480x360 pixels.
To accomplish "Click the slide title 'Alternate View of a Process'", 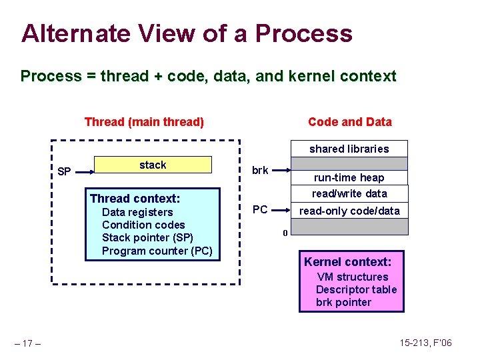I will [187, 33].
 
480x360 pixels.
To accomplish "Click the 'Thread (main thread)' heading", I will [144, 122].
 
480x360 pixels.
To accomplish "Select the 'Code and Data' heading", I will [349, 122].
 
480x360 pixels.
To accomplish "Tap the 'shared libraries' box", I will [349, 149].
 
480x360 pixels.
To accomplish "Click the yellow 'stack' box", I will [153, 165].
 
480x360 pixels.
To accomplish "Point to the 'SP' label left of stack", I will [64, 172].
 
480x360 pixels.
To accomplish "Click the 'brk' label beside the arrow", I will [260, 171].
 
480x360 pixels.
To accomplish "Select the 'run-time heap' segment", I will [349, 178].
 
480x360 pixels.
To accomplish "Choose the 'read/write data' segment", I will [349, 193].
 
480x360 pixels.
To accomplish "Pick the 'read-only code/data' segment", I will [349, 211].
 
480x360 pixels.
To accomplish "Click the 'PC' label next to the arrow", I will [260, 210].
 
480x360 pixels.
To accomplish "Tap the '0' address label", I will [285, 233].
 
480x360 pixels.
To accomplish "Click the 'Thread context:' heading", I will [135, 199].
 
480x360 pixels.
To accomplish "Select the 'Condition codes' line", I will [143, 225].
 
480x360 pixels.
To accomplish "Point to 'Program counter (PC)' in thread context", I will [157, 251].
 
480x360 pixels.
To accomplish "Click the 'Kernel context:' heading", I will [353, 261].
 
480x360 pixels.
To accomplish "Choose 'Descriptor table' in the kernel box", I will [356, 289].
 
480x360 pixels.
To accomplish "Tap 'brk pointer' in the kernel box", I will [343, 302].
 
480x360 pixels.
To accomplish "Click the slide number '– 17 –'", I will [29, 344].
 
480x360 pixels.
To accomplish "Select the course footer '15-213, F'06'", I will [426, 343].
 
